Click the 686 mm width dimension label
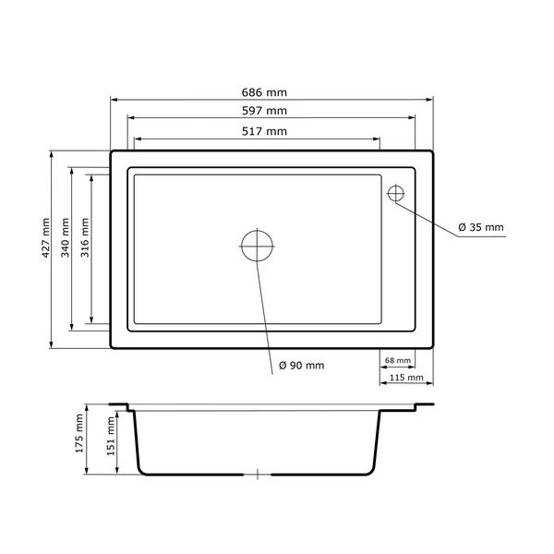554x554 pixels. tap(264, 92)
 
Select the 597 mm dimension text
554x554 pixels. tap(264, 111)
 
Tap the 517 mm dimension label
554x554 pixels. tap(264, 131)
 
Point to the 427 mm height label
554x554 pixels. tap(46, 237)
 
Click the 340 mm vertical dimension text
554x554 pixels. tap(66, 237)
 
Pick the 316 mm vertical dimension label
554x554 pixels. tap(85, 237)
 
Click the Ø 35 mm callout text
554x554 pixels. tap(481, 227)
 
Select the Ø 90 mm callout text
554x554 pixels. tap(301, 366)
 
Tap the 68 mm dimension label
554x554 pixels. tap(398, 360)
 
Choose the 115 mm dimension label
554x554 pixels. tap(406, 378)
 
